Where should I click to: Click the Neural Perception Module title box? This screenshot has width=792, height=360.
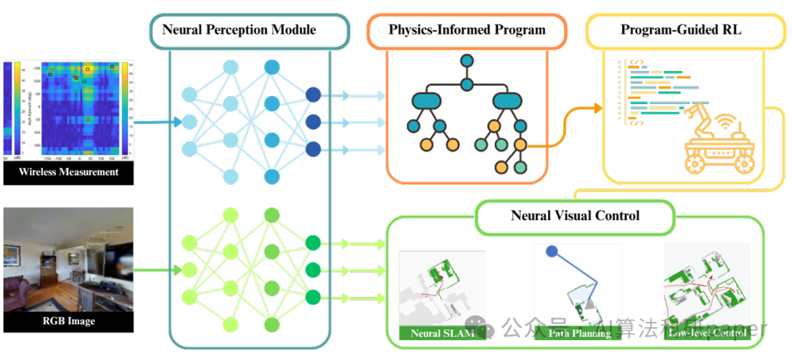coord(239,30)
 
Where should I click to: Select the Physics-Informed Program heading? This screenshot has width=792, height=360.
coord(467,30)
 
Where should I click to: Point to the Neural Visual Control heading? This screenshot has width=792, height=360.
coord(575,216)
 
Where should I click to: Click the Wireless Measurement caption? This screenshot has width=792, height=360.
coord(70,172)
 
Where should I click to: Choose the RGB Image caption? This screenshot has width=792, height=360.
coord(70,320)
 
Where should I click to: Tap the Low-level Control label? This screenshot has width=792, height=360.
coord(706,334)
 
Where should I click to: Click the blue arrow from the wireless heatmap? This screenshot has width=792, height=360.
coord(157,122)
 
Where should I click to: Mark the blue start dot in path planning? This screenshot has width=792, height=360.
coord(551,251)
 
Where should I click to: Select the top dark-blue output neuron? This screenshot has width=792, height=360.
coord(313,95)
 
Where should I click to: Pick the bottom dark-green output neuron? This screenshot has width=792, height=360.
coord(313,297)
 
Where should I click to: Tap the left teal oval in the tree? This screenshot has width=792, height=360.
coord(426,100)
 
